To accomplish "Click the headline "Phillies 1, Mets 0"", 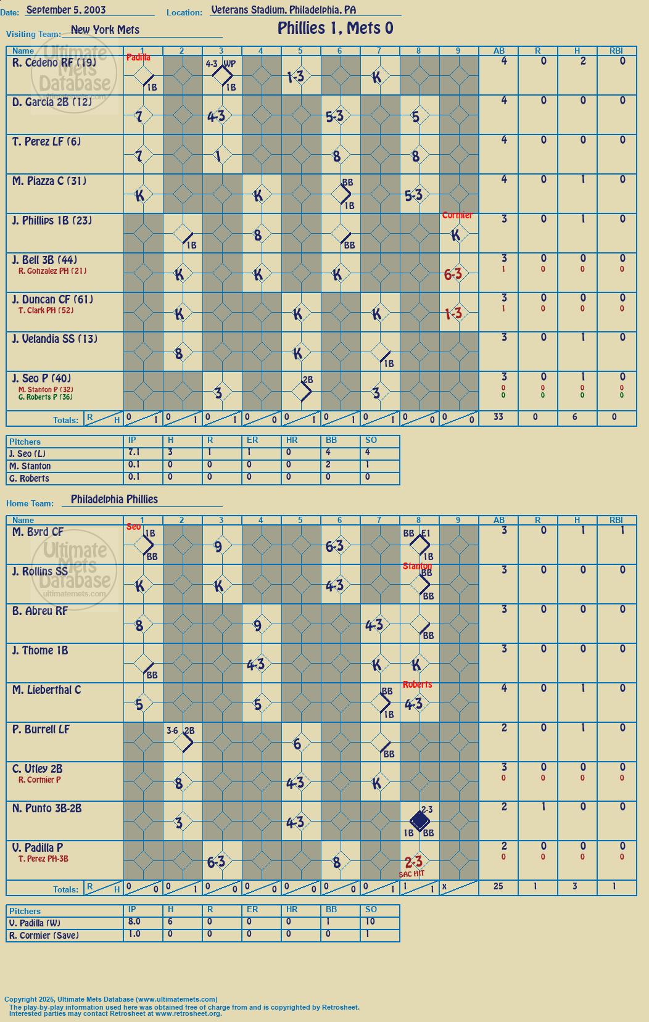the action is pos(336,28).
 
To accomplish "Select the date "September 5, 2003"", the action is pos(66,10).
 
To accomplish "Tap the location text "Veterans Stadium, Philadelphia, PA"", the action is pos(284,10).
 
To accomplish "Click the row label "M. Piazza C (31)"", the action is pos(49,181).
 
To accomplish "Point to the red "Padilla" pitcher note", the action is pos(138,57).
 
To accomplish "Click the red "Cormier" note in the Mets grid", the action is pos(457,215).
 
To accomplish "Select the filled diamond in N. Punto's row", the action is pos(420,821).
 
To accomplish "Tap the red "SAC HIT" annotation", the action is pos(411,874).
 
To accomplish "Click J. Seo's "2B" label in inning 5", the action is pos(308,379).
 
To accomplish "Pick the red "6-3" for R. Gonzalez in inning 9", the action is pos(453,274).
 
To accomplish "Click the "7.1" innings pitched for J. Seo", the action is pos(134,452).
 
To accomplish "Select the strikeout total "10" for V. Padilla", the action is pos(370,921).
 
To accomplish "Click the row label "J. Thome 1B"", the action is pos(40,650).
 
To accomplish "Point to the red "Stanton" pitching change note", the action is pos(417,566).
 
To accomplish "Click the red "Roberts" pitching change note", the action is pos(417,685).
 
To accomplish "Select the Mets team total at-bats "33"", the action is pos(498,416).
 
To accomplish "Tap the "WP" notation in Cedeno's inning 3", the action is pos(229,64).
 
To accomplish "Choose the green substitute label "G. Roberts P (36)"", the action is pos(46,397).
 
